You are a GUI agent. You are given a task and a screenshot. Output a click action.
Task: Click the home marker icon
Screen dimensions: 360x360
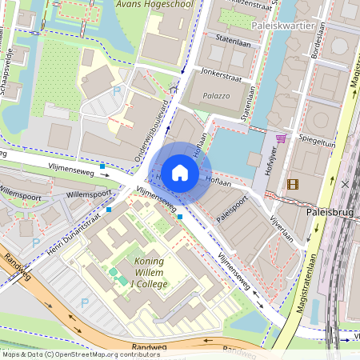click(x=180, y=172)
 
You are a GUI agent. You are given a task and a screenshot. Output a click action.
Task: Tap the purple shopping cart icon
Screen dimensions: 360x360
click(x=281, y=138)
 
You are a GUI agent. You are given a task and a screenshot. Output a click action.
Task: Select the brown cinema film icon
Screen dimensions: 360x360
click(x=292, y=184)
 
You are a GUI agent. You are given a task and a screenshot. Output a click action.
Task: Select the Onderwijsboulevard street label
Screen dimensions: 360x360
click(x=155, y=129)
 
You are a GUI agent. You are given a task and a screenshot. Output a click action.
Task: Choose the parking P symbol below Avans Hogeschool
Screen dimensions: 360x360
click(x=118, y=93)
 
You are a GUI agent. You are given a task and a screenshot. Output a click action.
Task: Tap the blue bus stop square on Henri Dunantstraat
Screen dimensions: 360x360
click(x=109, y=210)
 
